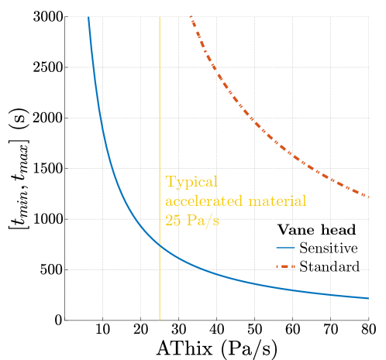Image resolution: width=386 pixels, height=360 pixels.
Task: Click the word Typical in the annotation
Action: [191, 183]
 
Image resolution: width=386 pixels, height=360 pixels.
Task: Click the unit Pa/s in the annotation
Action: [202, 219]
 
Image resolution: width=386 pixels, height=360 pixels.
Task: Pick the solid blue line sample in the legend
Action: [286, 248]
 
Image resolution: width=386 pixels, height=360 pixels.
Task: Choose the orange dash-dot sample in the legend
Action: [286, 267]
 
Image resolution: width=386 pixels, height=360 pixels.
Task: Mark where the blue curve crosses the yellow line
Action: [160, 244]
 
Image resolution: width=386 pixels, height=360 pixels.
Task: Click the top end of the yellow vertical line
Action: [160, 16]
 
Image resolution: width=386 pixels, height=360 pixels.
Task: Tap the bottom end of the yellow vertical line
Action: [160, 320]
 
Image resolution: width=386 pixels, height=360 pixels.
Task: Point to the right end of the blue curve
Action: [368, 298]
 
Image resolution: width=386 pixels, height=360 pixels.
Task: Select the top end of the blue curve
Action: [88, 16]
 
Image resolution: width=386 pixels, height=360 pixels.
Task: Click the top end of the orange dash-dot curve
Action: [190, 16]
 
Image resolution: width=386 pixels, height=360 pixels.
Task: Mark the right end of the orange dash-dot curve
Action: [368, 197]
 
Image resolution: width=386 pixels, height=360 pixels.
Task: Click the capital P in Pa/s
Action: [191, 219]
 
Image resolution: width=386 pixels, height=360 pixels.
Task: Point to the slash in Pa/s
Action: [207, 219]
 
